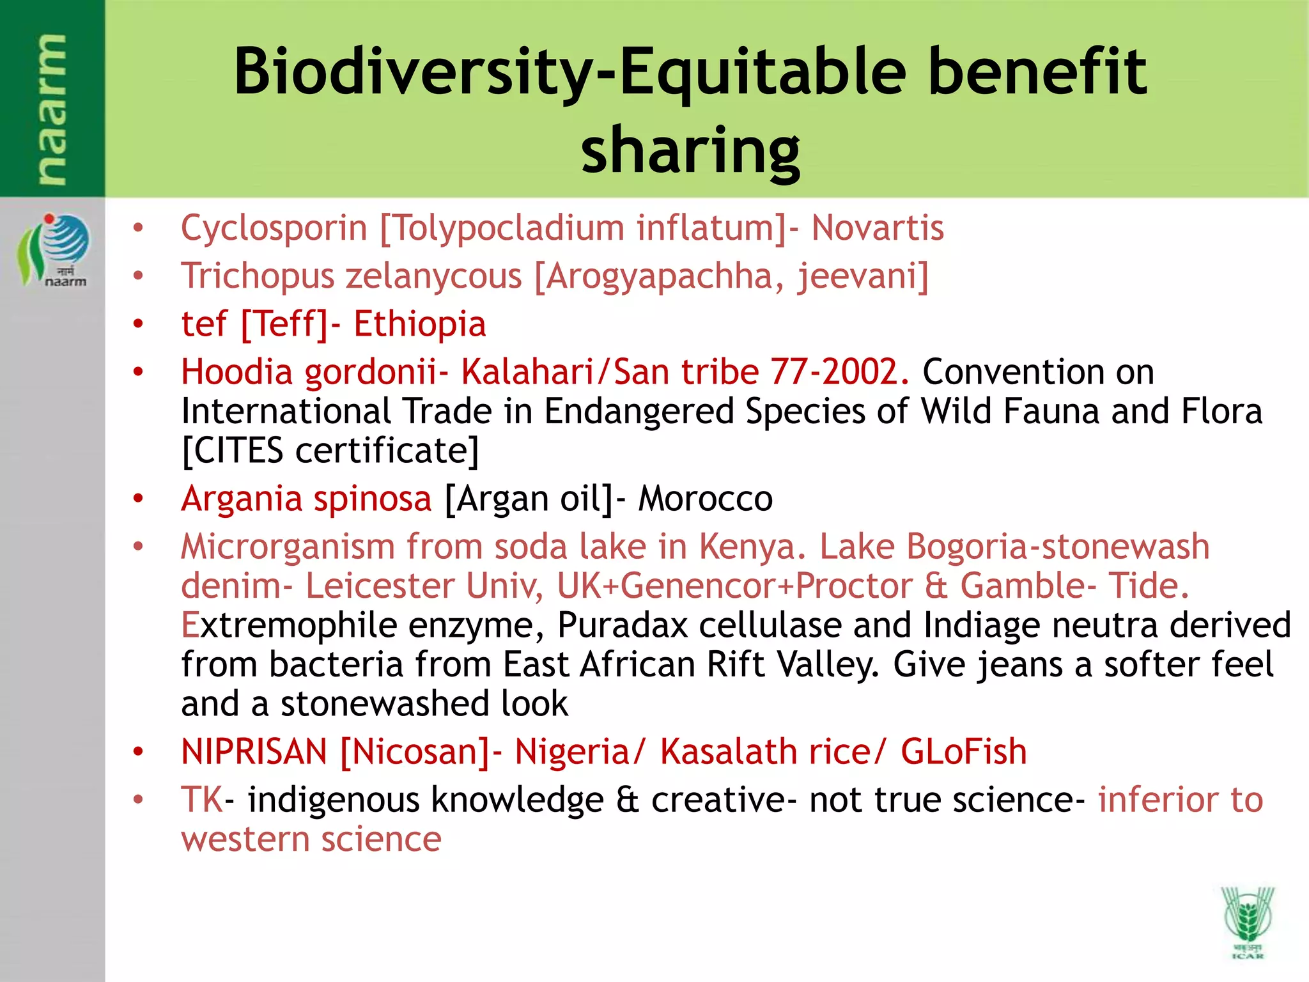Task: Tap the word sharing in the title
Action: pyautogui.click(x=690, y=150)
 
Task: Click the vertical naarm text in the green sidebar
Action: pyautogui.click(x=51, y=109)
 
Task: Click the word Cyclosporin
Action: pyautogui.click(x=274, y=228)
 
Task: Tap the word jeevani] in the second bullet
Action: pyautogui.click(x=863, y=276)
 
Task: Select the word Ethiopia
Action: pyautogui.click(x=420, y=323)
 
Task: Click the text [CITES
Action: pyautogui.click(x=233, y=450)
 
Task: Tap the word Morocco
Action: pyautogui.click(x=706, y=499)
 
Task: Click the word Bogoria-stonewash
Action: pyautogui.click(x=1058, y=547)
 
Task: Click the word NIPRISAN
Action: pyautogui.click(x=254, y=751)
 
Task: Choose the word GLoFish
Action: pyautogui.click(x=963, y=751)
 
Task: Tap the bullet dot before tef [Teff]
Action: pyautogui.click(x=138, y=324)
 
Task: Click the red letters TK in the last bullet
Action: pyautogui.click(x=201, y=799)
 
